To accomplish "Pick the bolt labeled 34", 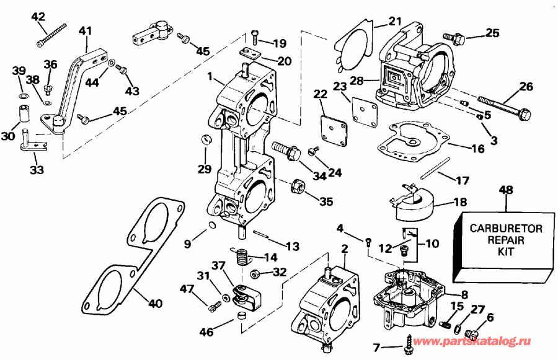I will click(x=286, y=150).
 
